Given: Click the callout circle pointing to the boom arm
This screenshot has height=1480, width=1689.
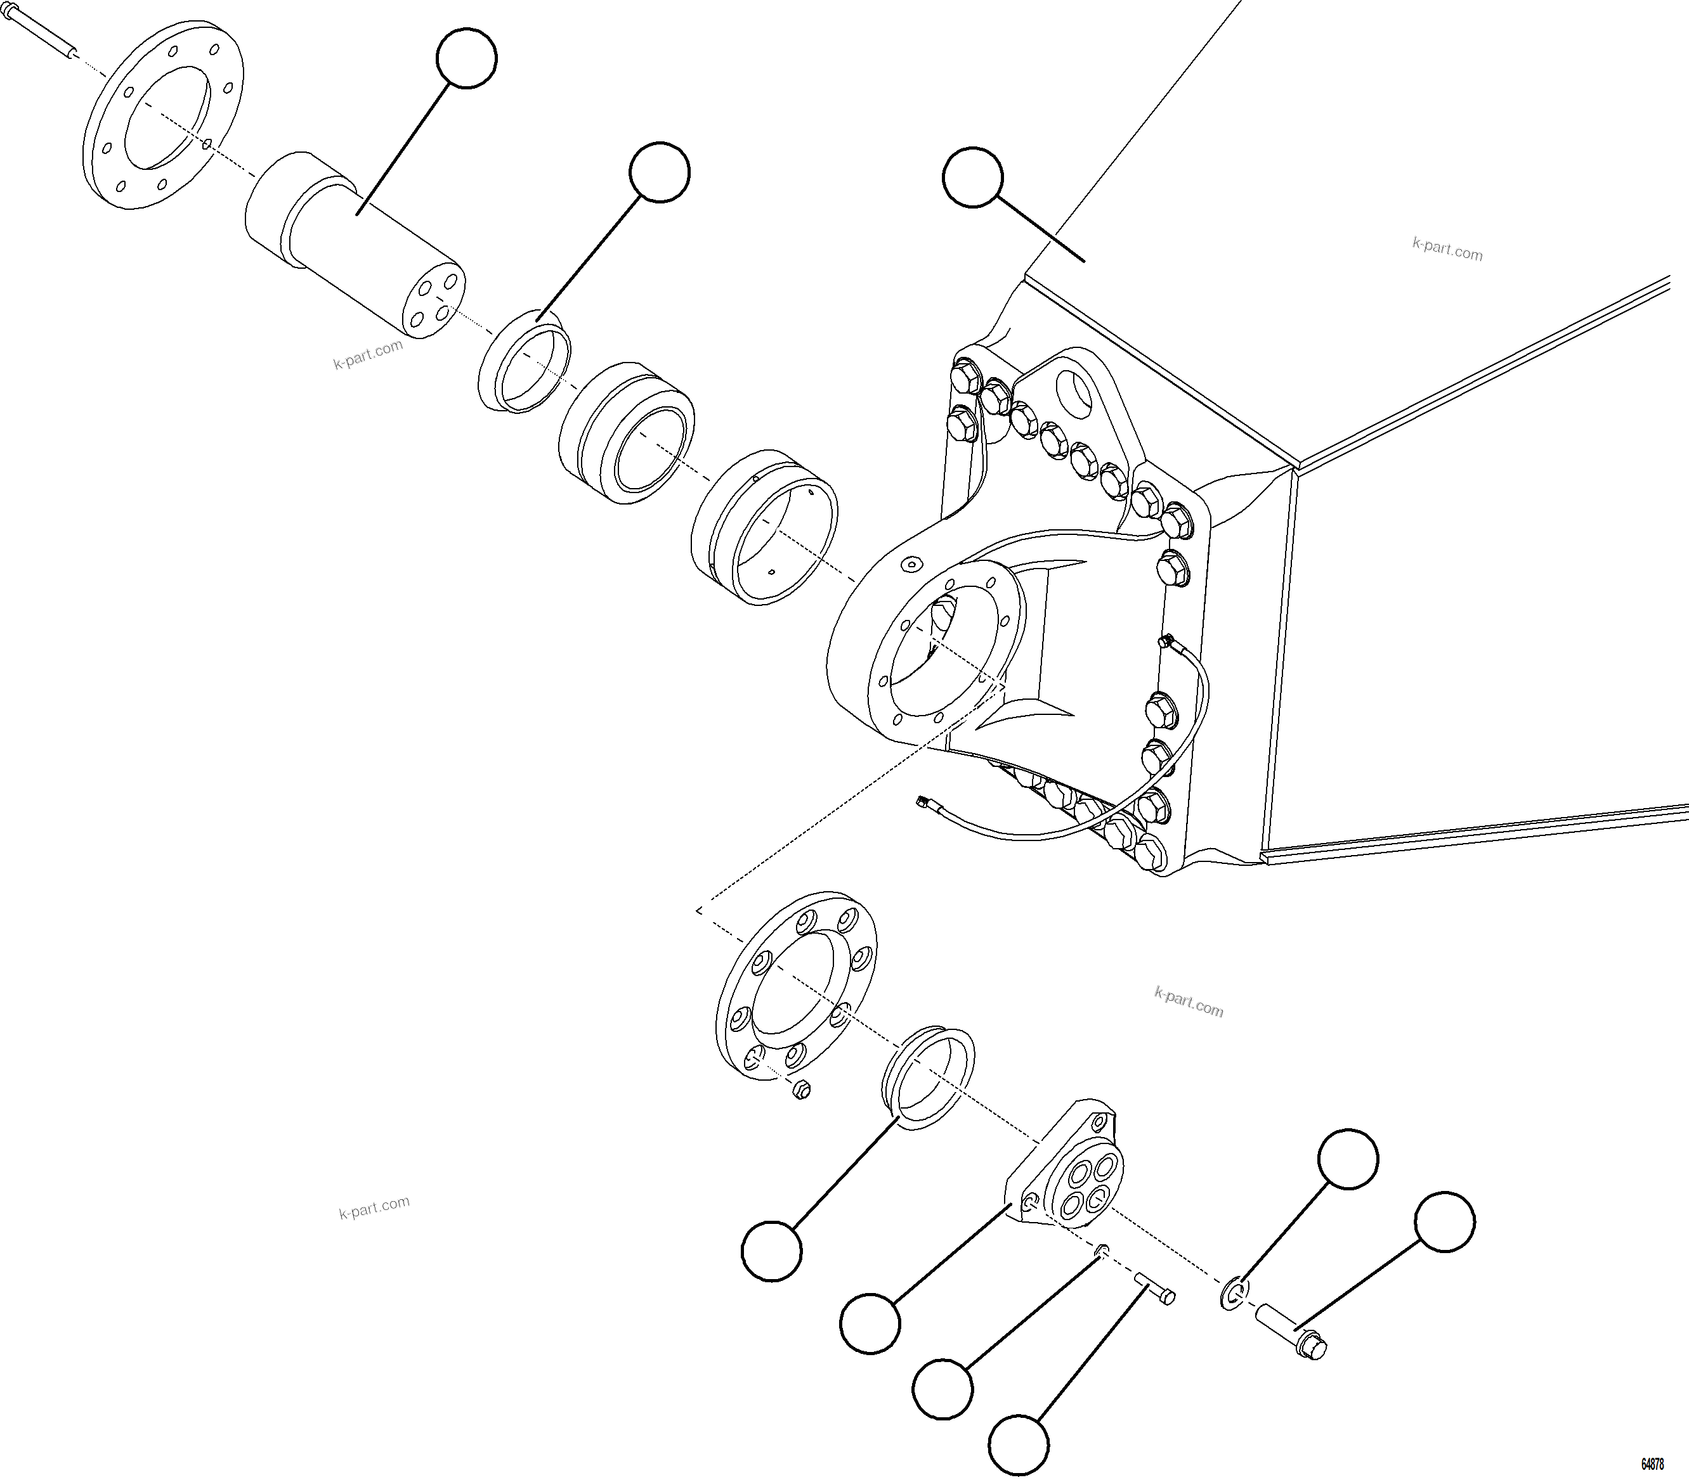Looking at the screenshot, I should pos(972,177).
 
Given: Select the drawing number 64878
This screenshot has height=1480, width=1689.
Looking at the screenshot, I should pos(1653,1464).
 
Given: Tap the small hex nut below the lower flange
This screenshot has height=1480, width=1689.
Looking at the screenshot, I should pos(800,1091).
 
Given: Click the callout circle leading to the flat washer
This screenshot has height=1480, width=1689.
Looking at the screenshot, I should pos(1348,1159).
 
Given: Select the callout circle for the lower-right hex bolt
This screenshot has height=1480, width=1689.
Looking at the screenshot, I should pos(1444,1221).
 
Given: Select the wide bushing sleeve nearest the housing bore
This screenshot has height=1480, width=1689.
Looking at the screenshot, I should pos(764,529).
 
